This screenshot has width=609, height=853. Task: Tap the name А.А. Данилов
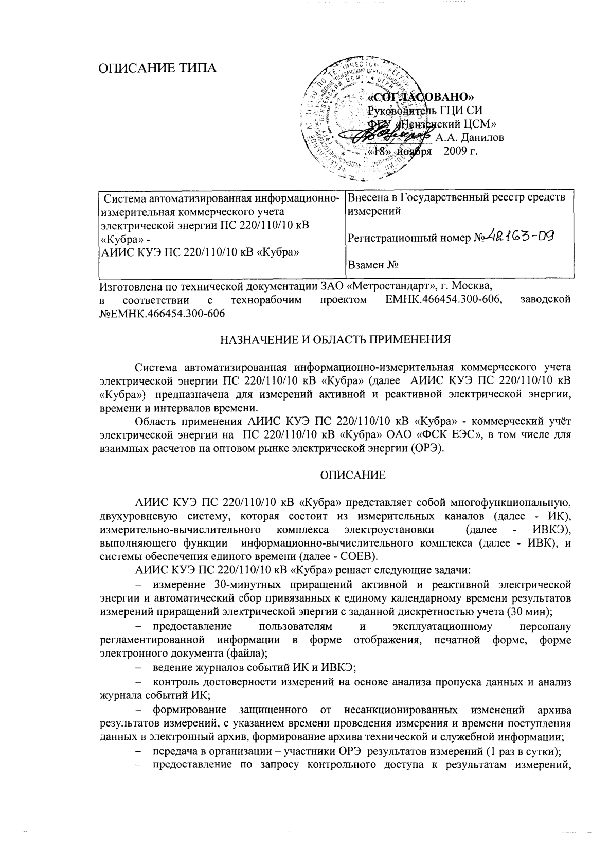[470, 137]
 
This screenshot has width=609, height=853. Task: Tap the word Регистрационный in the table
[390, 238]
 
